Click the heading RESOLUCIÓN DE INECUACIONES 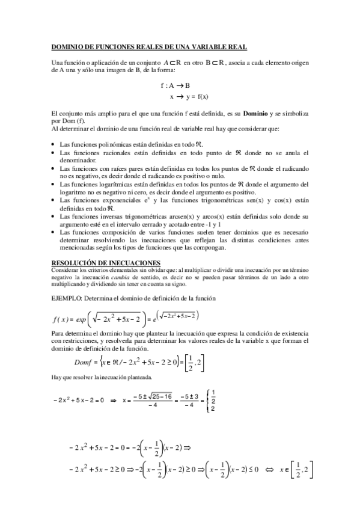[106, 262]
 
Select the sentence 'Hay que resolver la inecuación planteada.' [102, 377]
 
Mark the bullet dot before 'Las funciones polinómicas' [53, 146]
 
